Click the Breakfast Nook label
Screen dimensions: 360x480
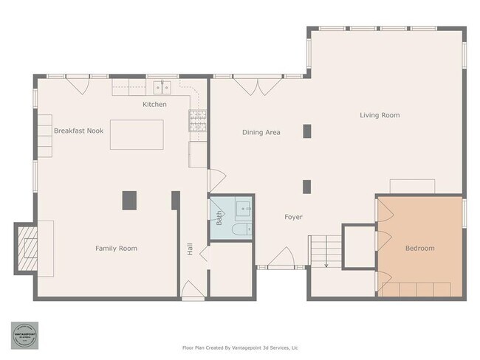coord(78,131)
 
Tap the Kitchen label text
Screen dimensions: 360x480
coord(154,105)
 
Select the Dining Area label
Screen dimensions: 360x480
coord(261,133)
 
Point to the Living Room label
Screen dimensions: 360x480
coord(380,115)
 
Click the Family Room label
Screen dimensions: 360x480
coord(116,249)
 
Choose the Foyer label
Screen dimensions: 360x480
coord(294,217)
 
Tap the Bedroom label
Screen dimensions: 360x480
coord(419,249)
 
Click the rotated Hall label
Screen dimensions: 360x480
coord(190,249)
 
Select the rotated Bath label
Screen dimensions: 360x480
coord(219,218)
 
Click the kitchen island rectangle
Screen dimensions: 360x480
coord(137,134)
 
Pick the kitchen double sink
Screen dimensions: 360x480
coord(163,87)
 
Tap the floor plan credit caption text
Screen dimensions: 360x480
coord(240,347)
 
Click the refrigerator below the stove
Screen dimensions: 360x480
coord(197,154)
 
